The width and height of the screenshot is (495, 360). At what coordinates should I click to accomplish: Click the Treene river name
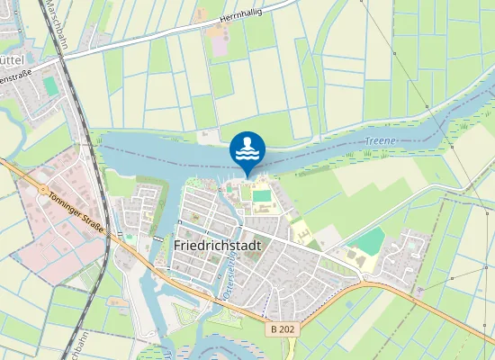tap(382, 142)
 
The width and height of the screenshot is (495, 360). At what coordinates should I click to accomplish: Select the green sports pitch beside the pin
tap(261, 195)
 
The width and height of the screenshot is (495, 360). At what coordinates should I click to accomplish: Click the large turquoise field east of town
tap(366, 240)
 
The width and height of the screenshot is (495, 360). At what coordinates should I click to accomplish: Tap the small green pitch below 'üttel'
tap(49, 85)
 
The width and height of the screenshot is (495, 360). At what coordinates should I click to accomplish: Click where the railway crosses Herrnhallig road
tap(67, 57)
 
